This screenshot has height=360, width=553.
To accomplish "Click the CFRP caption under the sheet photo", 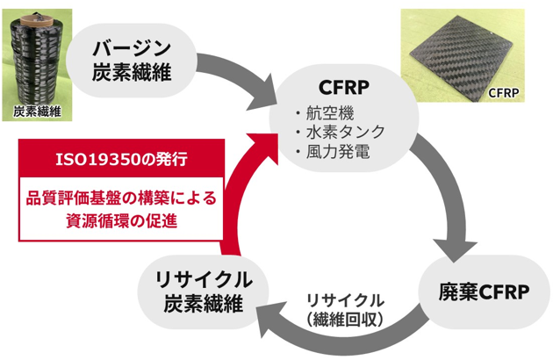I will tap(505, 90).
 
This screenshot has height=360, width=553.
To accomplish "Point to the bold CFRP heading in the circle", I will tap(343, 88).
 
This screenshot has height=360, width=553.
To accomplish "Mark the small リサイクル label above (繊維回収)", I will tap(344, 299).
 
